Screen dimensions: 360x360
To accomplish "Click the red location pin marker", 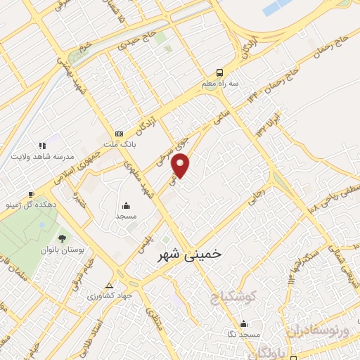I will coord(181,164).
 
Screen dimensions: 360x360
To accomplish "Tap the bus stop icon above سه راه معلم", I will coord(220,72).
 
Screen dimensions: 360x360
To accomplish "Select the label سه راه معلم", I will coord(220,83).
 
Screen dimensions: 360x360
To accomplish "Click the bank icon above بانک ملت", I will coord(119,134).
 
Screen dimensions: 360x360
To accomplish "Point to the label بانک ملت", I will coord(119,144).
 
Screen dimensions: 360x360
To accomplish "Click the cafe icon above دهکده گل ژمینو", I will coord(31,194).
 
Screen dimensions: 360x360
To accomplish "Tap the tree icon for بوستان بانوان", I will coord(62,238).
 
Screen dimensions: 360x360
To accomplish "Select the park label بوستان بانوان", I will coord(62,249).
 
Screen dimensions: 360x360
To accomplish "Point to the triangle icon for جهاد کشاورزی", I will coord(109,285).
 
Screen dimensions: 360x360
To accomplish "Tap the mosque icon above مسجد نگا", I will coord(243,323).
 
